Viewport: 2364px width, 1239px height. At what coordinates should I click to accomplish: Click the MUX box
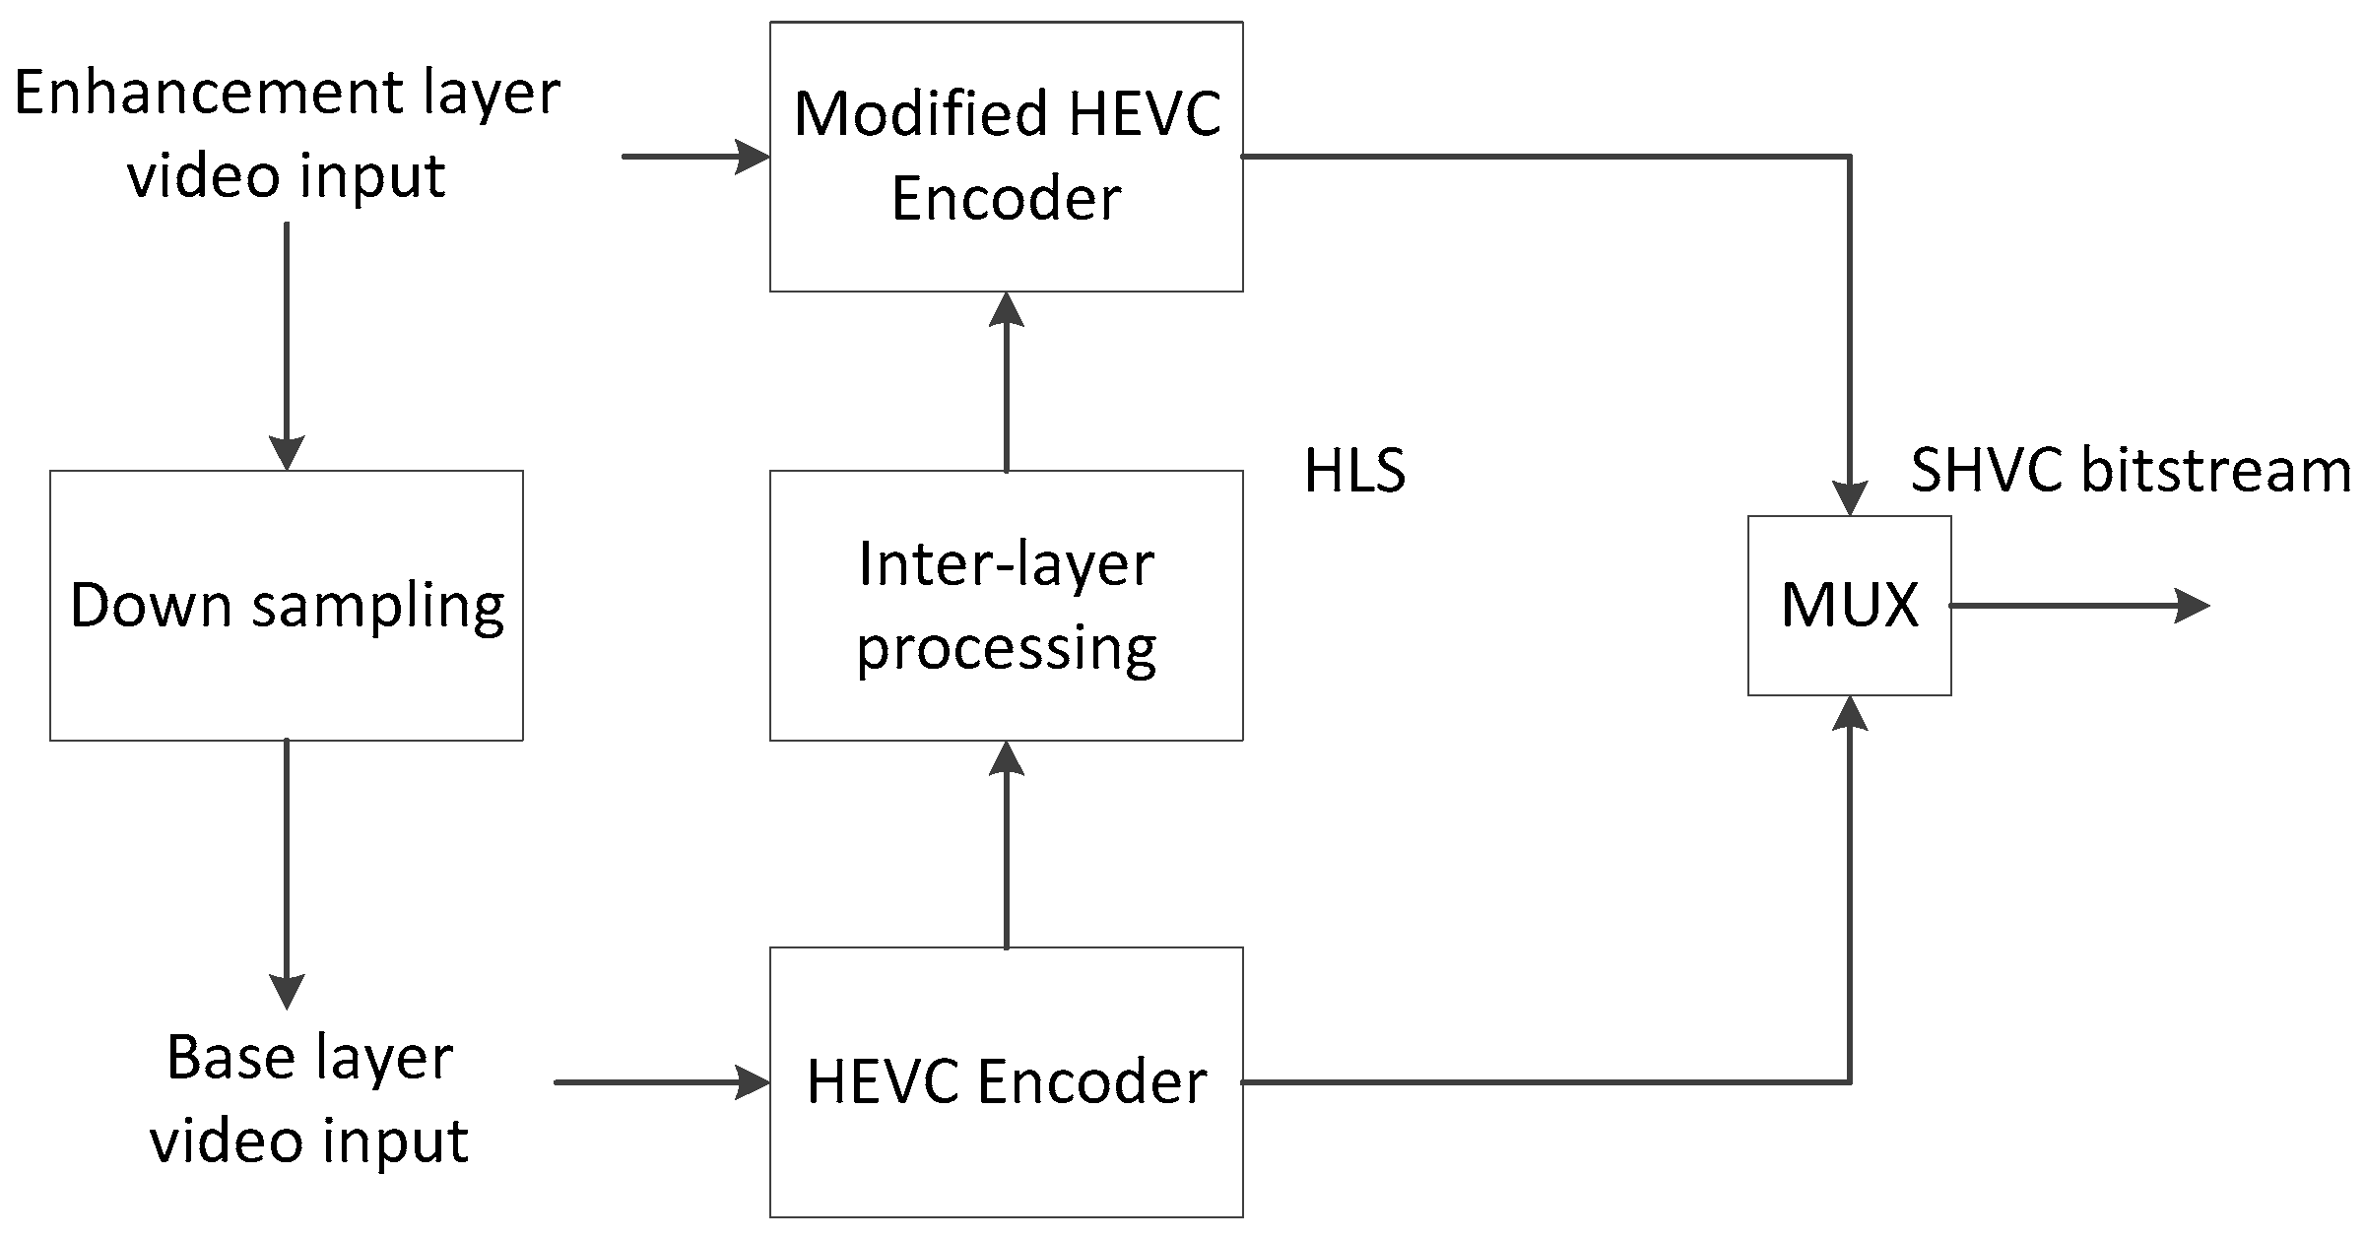(1849, 605)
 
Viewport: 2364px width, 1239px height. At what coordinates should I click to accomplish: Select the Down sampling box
(286, 605)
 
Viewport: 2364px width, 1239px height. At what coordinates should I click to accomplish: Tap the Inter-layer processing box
(1006, 605)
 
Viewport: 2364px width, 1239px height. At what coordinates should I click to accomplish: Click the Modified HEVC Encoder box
(1006, 157)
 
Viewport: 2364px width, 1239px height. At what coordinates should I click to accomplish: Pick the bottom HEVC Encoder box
(1006, 1081)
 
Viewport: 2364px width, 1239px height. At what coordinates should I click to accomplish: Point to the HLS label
(1354, 471)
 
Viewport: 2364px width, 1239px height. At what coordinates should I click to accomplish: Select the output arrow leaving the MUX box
(2078, 605)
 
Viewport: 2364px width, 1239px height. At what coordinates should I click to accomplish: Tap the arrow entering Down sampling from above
(286, 345)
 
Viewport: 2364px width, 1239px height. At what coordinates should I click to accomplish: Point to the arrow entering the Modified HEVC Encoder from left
(695, 157)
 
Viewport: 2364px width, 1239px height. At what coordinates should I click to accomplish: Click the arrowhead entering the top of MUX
(1850, 497)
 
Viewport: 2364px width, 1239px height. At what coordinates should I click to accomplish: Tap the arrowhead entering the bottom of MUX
(1850, 714)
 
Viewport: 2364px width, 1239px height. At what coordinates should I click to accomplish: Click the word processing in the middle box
(1006, 649)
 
